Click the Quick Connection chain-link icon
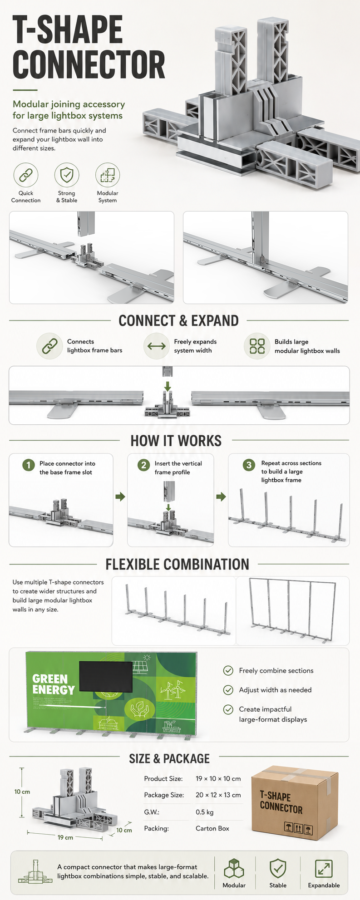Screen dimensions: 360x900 click(26, 174)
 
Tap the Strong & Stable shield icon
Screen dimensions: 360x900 click(67, 174)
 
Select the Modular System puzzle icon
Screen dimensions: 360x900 click(108, 174)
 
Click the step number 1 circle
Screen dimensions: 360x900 click(29, 465)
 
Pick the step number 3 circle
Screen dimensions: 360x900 click(249, 465)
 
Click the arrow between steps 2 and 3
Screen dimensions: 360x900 click(221, 497)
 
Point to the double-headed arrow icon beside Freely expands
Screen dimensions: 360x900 click(157, 346)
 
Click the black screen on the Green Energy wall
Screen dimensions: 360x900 click(106, 677)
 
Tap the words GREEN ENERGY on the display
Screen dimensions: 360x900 click(54, 684)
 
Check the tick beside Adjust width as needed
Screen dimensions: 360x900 click(228, 690)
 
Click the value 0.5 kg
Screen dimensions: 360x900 click(205, 812)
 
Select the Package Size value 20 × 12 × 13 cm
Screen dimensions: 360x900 click(218, 795)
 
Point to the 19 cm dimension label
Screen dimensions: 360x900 click(65, 837)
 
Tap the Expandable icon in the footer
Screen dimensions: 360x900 click(324, 869)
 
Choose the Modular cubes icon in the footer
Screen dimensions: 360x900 click(234, 869)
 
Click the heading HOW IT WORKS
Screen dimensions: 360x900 click(176, 441)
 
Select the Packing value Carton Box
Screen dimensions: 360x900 click(212, 828)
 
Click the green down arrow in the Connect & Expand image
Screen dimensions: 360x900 click(168, 386)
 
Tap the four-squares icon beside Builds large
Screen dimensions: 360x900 click(257, 346)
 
